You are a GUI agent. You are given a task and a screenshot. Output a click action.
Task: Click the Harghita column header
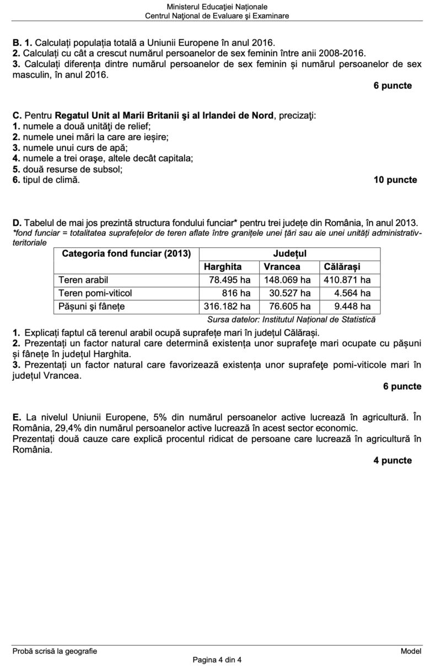[x=223, y=267]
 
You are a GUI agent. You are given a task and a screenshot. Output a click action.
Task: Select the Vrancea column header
[x=282, y=267]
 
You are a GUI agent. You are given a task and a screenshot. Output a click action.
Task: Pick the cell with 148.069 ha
[x=287, y=280]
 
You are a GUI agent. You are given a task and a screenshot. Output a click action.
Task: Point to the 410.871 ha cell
[x=347, y=280]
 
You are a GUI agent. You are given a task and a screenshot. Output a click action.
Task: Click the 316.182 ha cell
[x=227, y=306]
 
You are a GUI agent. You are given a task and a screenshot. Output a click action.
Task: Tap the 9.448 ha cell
[x=352, y=306]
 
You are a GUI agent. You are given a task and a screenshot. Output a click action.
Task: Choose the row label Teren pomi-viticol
[x=95, y=293]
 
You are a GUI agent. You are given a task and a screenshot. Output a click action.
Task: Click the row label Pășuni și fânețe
[x=92, y=306]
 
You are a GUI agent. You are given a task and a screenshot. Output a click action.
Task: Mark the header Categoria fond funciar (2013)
[x=126, y=254]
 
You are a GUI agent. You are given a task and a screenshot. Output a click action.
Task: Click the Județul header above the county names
[x=289, y=254]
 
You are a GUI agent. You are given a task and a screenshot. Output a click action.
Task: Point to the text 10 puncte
[x=395, y=180]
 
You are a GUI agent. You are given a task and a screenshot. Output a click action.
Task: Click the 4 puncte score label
[x=392, y=460]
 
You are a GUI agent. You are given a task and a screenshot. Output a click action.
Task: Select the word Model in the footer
[x=411, y=651]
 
